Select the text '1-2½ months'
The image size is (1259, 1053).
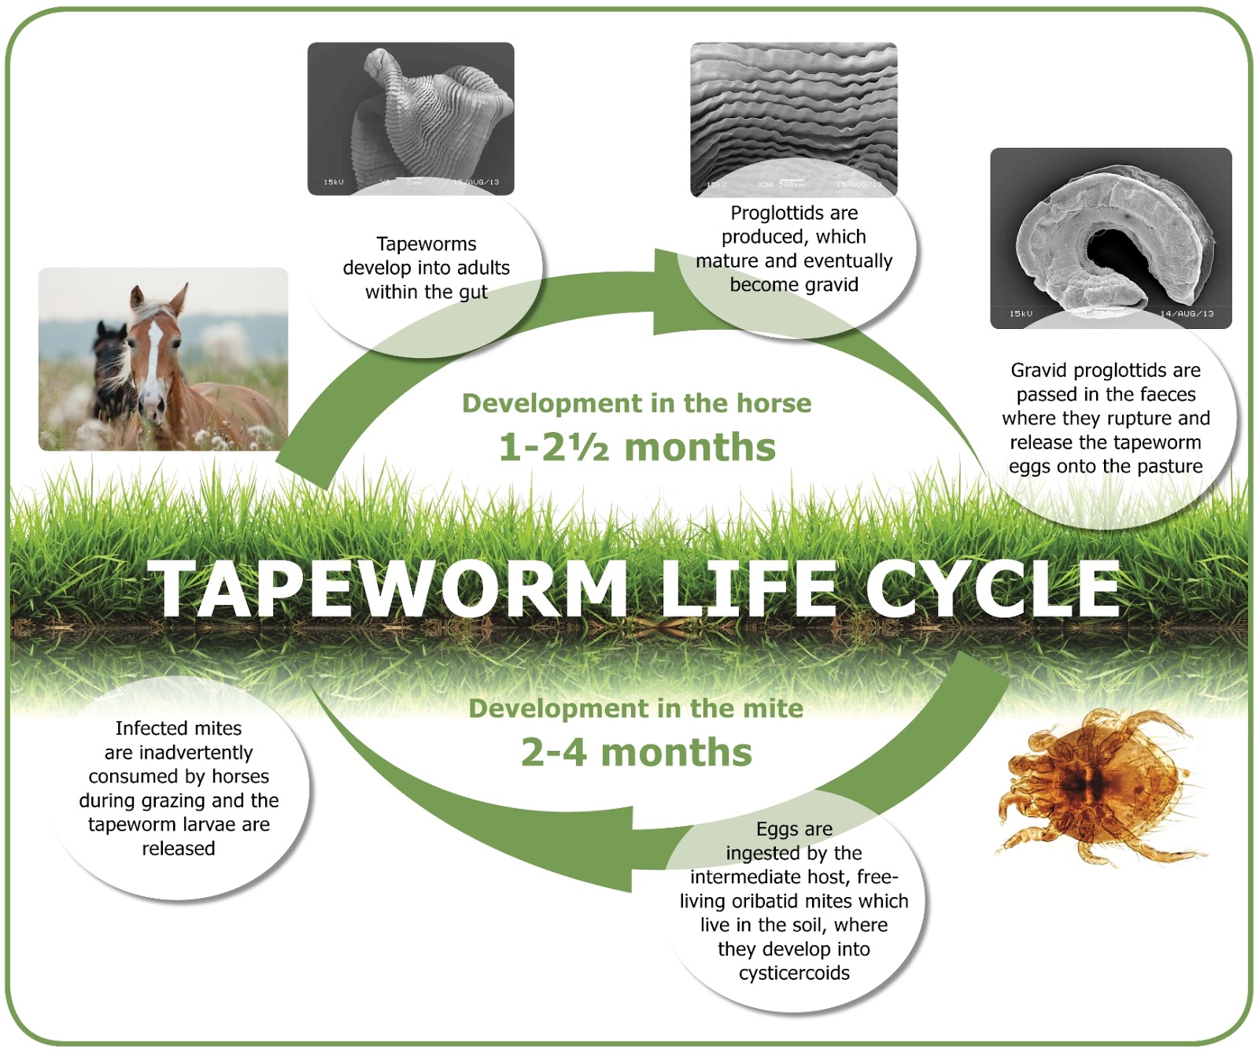pos(637,447)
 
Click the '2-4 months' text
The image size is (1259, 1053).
pos(637,752)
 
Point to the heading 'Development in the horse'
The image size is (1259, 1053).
pos(637,403)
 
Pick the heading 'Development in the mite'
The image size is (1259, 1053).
pos(636,708)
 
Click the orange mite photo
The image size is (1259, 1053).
pos(1098,787)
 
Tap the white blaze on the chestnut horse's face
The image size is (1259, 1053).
pos(153,354)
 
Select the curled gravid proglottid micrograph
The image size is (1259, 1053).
pos(1109,236)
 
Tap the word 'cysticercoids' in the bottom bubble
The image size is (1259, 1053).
pos(794,973)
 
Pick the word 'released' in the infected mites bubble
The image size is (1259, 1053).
pos(178,848)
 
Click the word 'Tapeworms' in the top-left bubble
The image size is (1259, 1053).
pos(426,244)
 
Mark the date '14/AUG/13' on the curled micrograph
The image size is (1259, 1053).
pos(1187,313)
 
